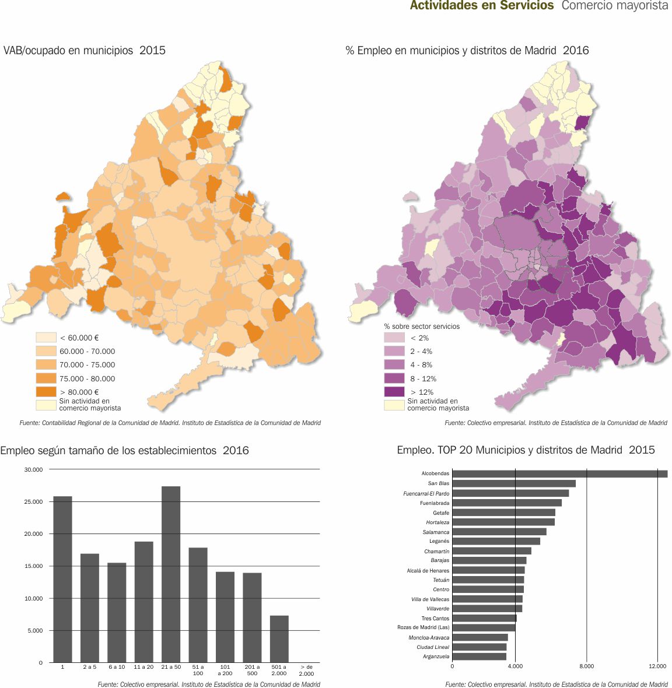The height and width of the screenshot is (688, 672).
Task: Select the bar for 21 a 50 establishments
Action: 171,574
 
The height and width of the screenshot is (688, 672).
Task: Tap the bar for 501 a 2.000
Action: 279,638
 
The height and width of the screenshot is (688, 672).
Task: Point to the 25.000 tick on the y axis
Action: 33,501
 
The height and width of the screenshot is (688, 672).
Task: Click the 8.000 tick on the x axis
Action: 586,666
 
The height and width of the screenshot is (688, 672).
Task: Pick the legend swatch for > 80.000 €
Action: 46,392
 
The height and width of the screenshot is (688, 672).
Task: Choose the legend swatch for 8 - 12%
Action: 394,378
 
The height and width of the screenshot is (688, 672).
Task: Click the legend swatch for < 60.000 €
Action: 46,338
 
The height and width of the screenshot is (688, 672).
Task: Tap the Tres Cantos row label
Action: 435,618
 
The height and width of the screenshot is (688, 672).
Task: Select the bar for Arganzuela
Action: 479,657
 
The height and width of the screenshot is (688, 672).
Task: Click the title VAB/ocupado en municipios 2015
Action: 85,50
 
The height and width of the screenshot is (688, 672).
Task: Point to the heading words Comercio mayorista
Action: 615,6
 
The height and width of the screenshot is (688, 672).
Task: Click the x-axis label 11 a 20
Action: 143,666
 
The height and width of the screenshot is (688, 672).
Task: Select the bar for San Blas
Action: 513,483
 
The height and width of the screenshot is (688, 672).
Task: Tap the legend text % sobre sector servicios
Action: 422,327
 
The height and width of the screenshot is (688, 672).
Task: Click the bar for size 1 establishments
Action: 62,579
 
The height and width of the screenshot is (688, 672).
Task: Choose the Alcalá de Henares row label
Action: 428,570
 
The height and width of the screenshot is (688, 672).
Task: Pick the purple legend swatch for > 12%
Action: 394,392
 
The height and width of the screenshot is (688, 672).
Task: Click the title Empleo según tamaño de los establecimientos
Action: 124,450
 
